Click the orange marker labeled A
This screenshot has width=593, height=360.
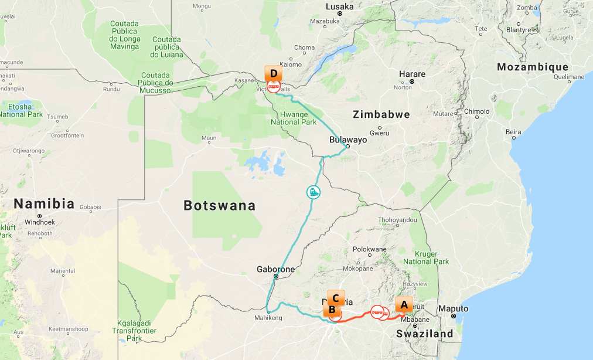[403, 305]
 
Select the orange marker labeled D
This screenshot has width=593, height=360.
[273, 74]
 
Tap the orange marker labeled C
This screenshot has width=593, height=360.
[336, 298]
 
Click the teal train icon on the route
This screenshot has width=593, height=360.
[314, 192]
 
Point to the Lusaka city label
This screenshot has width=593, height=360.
[340, 7]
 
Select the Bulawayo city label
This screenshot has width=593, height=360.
[348, 140]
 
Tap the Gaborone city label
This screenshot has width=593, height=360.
[275, 270]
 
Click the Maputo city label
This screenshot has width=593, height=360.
[454, 308]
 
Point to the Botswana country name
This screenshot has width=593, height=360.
[220, 206]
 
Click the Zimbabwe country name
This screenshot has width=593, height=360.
[381, 114]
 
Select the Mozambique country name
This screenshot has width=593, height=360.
[533, 67]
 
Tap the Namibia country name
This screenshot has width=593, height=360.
[45, 204]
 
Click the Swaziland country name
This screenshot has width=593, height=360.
[425, 334]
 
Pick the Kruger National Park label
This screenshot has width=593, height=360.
[426, 257]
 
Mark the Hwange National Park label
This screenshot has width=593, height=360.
[294, 118]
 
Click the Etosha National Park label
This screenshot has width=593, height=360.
[21, 110]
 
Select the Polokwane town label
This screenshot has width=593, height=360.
[370, 249]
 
